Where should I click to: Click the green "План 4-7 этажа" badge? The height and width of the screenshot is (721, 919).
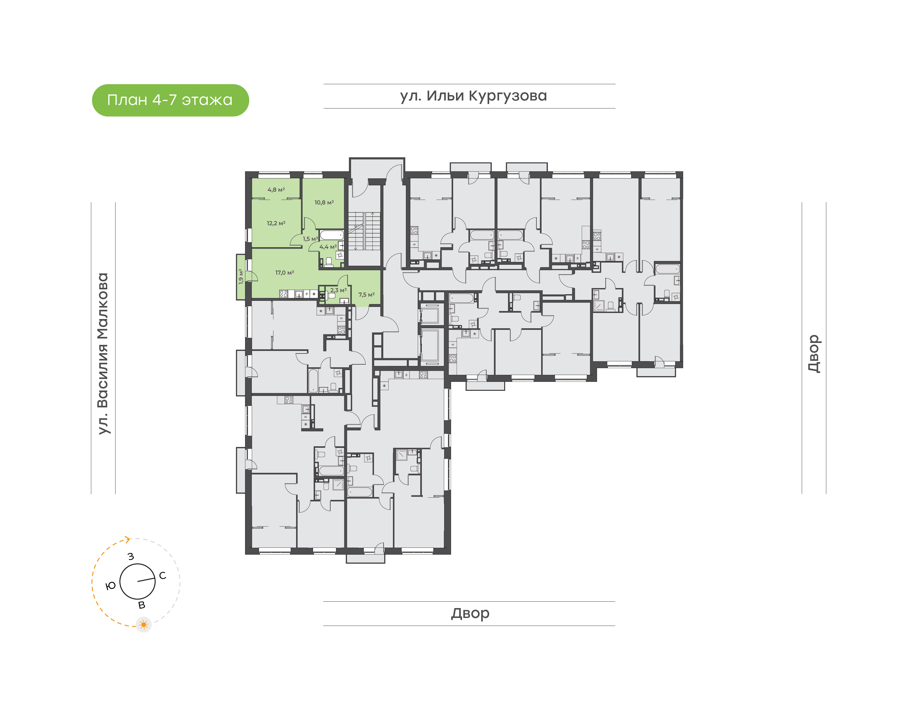tap(170, 100)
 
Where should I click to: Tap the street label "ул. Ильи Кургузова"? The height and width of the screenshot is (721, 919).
tap(473, 96)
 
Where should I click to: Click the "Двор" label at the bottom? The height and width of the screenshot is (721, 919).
tap(470, 613)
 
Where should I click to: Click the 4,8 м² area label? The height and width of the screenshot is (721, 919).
tap(276, 190)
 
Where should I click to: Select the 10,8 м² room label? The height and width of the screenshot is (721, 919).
tap(324, 203)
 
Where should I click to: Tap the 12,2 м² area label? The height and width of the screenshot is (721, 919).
tap(276, 223)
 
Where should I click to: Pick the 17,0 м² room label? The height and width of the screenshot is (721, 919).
tap(285, 273)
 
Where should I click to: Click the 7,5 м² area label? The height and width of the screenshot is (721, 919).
tap(366, 295)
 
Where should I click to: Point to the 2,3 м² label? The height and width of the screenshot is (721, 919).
tap(338, 290)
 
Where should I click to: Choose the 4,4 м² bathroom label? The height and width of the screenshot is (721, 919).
tap(328, 247)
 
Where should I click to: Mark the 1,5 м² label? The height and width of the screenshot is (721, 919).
tap(310, 239)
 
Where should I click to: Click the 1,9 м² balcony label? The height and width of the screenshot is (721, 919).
tap(241, 277)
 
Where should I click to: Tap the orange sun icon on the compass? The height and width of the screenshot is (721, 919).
tap(144, 624)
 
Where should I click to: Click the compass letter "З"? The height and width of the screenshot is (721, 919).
tap(131, 556)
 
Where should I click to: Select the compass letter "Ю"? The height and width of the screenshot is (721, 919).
tap(111, 585)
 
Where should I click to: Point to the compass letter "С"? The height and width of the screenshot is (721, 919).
tap(162, 576)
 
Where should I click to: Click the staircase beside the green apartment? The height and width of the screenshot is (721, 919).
tap(364, 231)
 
